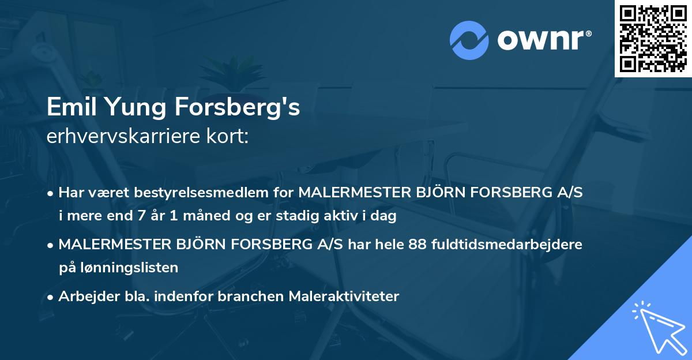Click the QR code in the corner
coord(653,38)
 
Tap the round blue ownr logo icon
coord(469,40)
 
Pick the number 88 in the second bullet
coord(418,244)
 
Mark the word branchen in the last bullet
coord(251,297)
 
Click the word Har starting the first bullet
coord(70,193)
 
